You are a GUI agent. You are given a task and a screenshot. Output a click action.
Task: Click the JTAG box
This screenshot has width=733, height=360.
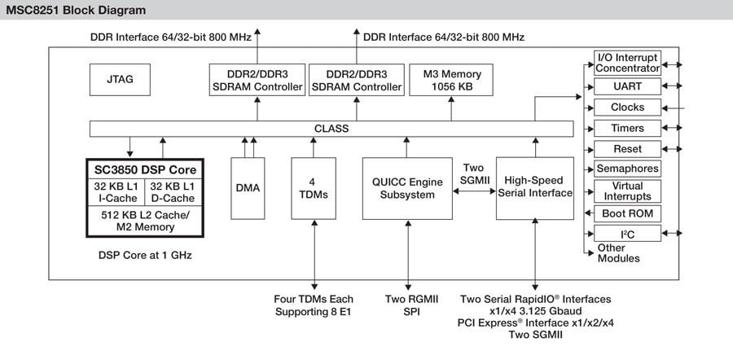120,80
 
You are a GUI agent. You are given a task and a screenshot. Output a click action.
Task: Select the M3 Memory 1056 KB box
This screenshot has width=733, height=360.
452,80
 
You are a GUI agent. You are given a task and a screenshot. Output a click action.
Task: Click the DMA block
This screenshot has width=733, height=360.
248,188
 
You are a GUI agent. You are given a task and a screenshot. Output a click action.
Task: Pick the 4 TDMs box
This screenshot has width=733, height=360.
314,188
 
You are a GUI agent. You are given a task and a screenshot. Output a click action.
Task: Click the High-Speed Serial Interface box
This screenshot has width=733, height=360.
535,187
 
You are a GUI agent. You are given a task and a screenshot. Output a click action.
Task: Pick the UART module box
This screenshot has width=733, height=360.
627,85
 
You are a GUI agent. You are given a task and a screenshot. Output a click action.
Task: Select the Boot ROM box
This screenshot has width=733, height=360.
627,213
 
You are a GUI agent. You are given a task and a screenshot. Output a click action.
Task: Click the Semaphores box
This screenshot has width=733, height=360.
627,169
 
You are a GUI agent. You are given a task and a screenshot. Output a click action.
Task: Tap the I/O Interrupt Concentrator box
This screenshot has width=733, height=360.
627,63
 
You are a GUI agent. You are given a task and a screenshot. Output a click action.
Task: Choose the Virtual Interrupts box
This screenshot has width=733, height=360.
627,191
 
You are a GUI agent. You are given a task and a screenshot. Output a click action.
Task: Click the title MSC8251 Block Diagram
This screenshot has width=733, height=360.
78,11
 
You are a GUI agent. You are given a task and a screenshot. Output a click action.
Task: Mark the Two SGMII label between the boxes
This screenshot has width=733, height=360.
473,173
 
